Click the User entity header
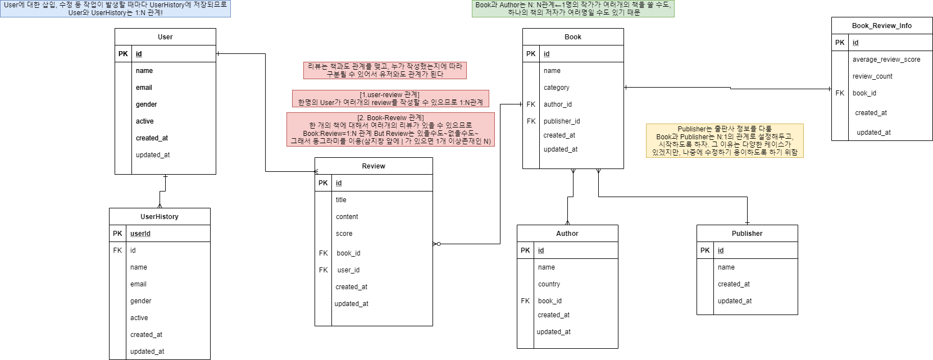(x=165, y=37)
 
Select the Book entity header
(x=573, y=37)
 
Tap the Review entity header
(x=374, y=166)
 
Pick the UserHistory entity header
(x=160, y=217)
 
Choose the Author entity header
(x=567, y=234)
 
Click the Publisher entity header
(x=747, y=234)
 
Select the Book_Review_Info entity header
(x=882, y=26)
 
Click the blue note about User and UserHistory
(x=115, y=8)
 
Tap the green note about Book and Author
(x=573, y=8)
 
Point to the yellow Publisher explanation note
(x=725, y=140)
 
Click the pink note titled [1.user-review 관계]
(x=390, y=98)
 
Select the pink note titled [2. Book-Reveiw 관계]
(x=390, y=129)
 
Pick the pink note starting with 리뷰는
(x=385, y=70)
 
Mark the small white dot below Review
(x=439, y=244)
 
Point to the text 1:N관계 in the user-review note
(x=471, y=103)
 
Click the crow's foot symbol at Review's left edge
(x=317, y=171)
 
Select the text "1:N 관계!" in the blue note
(x=149, y=13)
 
